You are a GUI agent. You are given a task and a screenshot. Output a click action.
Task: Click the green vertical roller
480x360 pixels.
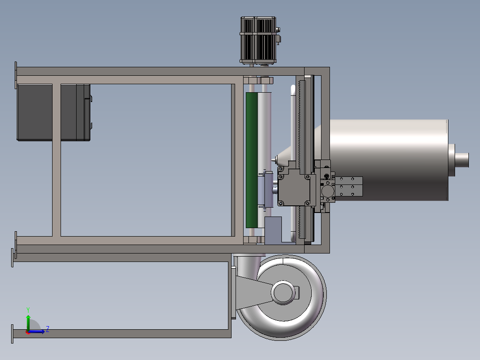coord(252,160)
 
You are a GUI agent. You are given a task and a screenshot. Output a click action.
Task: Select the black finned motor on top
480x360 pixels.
coord(258,40)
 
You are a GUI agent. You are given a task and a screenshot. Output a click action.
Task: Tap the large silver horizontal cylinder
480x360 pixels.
coord(389,160)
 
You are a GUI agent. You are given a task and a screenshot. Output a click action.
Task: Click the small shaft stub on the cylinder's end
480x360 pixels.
coord(462,160)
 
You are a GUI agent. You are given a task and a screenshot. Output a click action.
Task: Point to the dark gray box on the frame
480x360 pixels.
coord(53,112)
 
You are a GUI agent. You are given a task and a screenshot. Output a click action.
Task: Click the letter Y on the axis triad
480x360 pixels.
coord(28,310)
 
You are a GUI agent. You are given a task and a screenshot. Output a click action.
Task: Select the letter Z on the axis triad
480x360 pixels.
coord(48,329)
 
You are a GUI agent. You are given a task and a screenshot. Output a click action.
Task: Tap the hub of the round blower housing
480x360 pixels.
coord(283,293)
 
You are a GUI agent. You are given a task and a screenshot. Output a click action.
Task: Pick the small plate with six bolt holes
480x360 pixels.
coord(349,186)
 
